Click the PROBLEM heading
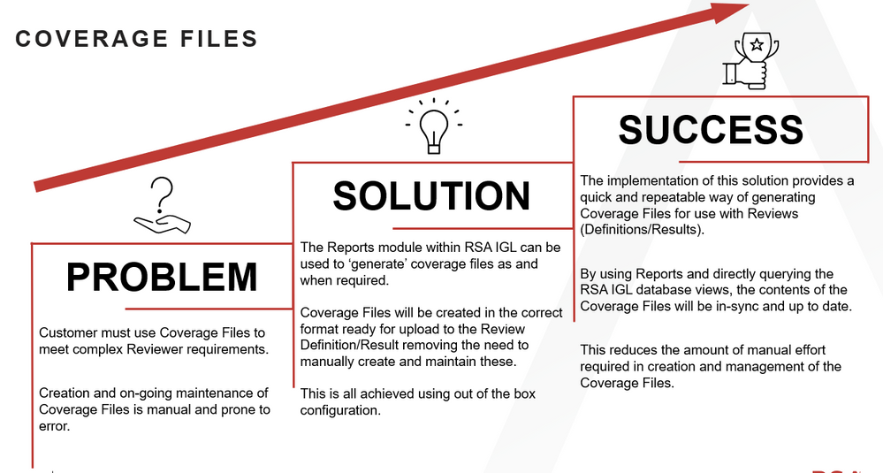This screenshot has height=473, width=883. [162, 277]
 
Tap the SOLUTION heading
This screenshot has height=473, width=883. [431, 196]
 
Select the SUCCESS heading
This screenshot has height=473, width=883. [711, 130]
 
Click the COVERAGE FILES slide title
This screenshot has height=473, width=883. [136, 39]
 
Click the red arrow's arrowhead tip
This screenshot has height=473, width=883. [749, 4]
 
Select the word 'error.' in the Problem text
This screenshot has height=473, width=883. [55, 426]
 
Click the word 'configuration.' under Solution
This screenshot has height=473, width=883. [340, 410]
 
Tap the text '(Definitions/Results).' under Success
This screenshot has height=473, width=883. [642, 230]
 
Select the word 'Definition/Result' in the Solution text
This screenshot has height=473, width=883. [349, 345]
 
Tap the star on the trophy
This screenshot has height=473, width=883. [757, 44]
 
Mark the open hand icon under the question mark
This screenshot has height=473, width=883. [162, 223]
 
